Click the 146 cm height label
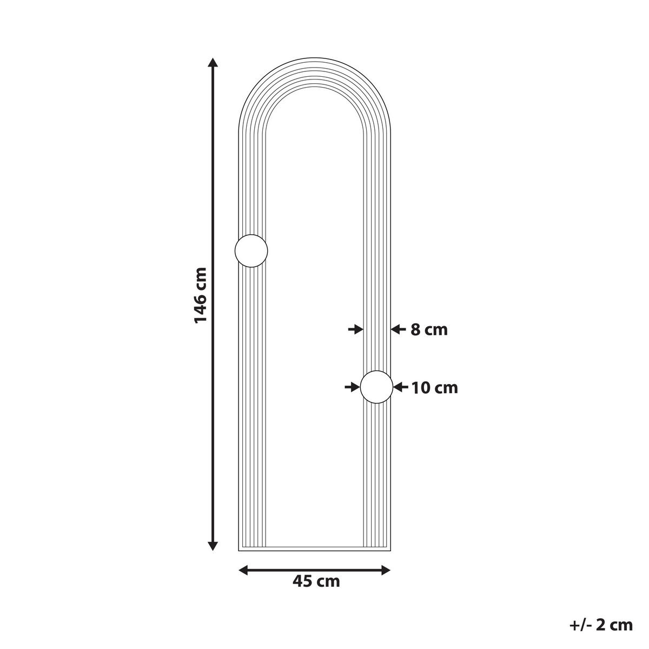[x=201, y=295]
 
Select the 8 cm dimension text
[x=429, y=329]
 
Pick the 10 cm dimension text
[x=434, y=388]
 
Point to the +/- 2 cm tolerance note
[x=600, y=625]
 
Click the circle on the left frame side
[x=251, y=251]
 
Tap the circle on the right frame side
[x=376, y=387]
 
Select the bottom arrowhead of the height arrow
[x=214, y=546]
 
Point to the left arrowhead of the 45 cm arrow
[x=243, y=570]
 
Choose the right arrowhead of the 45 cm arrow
[x=386, y=570]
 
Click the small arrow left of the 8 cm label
[x=398, y=329]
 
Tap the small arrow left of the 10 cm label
[x=401, y=387]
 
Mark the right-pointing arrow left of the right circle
[x=352, y=387]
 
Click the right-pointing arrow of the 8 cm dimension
[x=355, y=329]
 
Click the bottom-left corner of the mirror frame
[x=239, y=550]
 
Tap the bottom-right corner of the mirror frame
[x=390, y=550]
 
